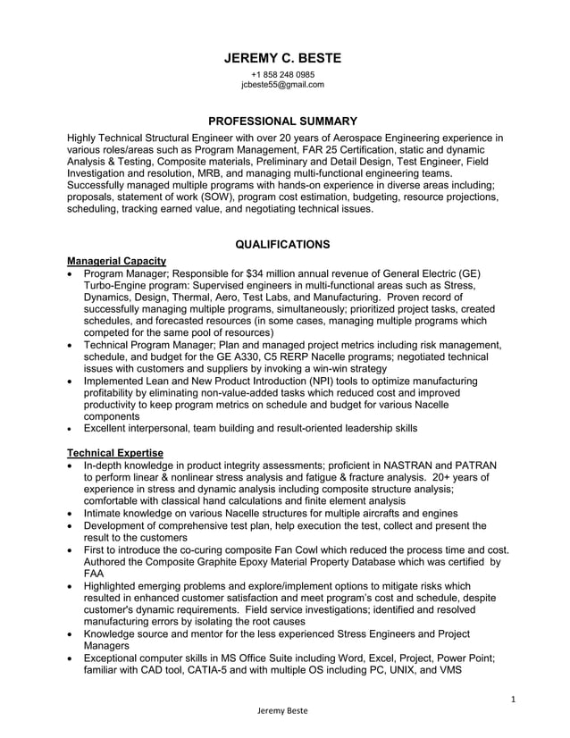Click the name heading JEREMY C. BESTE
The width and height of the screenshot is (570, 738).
point(282,58)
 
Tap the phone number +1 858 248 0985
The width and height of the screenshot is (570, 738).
point(282,74)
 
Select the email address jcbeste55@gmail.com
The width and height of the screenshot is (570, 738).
point(282,85)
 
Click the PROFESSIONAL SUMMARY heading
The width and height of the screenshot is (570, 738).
point(282,121)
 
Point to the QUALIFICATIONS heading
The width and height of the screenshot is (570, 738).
point(282,244)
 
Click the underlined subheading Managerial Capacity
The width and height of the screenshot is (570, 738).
point(117,260)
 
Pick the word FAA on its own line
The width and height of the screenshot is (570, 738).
point(94,574)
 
